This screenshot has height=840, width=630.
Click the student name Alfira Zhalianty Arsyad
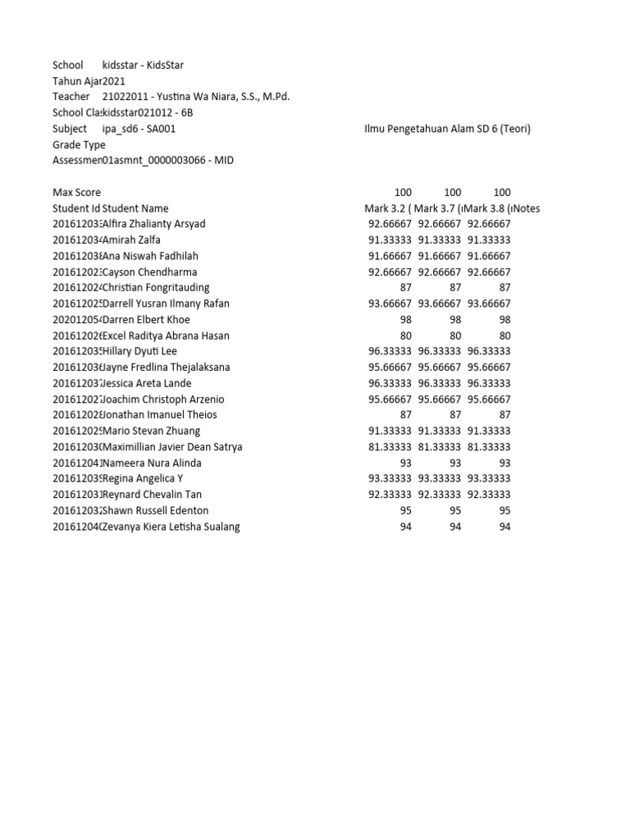tap(153, 224)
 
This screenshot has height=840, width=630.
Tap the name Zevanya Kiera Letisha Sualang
tap(171, 527)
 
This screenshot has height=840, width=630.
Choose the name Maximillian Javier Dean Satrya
tap(172, 447)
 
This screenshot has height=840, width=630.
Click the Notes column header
tap(524, 208)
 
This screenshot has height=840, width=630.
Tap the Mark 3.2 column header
tap(388, 208)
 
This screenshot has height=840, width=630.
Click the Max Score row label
tap(76, 192)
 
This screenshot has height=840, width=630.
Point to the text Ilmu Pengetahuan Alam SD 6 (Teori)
tap(446, 129)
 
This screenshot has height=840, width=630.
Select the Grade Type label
tap(79, 144)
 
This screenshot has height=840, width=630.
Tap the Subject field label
tap(70, 129)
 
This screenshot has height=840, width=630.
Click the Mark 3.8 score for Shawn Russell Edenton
tap(503, 510)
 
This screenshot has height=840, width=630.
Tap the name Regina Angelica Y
tap(143, 478)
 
